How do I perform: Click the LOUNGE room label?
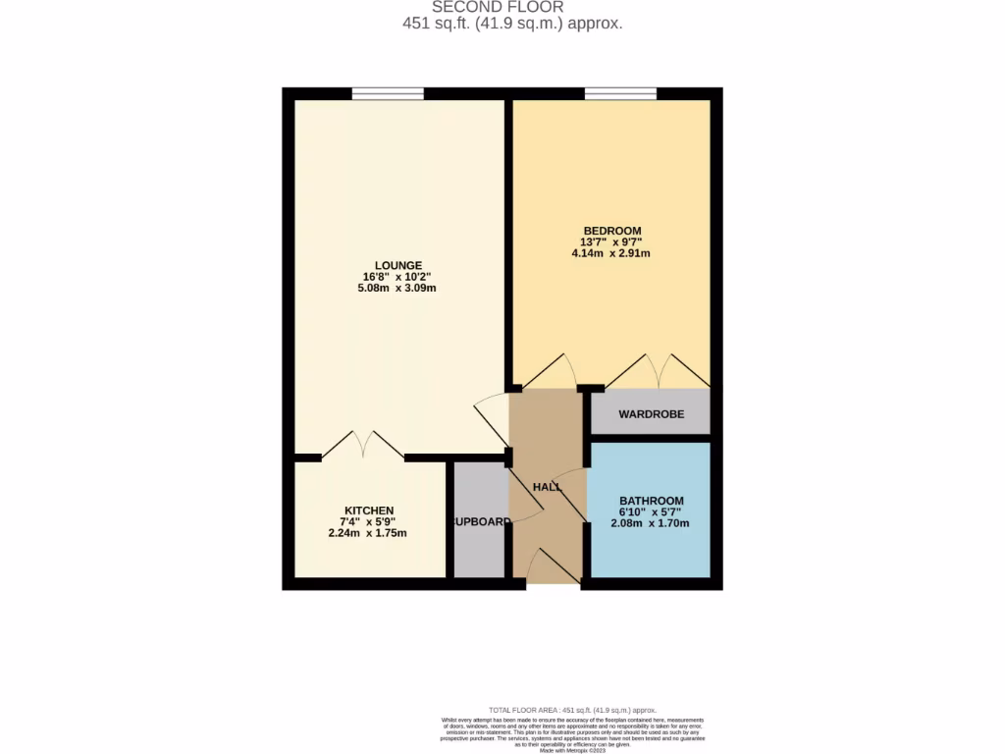(398, 265)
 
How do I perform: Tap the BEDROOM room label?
(611, 231)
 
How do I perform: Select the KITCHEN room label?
(367, 511)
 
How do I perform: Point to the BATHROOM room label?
(651, 501)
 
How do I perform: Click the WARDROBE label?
(651, 414)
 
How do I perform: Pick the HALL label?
(547, 488)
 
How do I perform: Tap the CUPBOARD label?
(480, 521)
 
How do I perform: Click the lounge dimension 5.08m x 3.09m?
(398, 288)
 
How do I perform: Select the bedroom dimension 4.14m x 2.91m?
(611, 253)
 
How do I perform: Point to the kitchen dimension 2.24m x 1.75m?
(367, 533)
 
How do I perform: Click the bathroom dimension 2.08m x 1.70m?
(651, 523)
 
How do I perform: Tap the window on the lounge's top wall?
(388, 94)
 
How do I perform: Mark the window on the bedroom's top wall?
(620, 94)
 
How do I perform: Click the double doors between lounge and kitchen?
(363, 446)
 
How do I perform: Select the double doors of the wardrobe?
(658, 371)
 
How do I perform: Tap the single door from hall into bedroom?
(550, 371)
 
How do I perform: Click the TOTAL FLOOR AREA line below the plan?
(572, 710)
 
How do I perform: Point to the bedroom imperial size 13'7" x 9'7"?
(611, 242)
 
